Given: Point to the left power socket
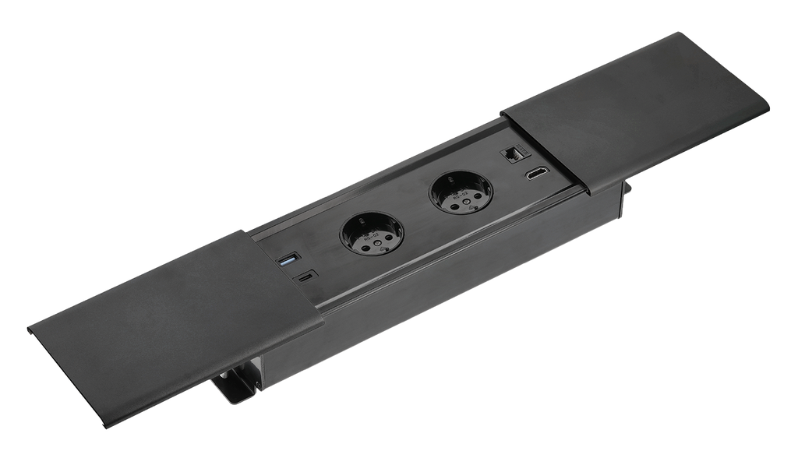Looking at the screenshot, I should pyautogui.click(x=372, y=233).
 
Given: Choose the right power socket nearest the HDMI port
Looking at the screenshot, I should pyautogui.click(x=460, y=192).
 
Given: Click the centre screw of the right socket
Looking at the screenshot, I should pyautogui.click(x=461, y=193).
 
